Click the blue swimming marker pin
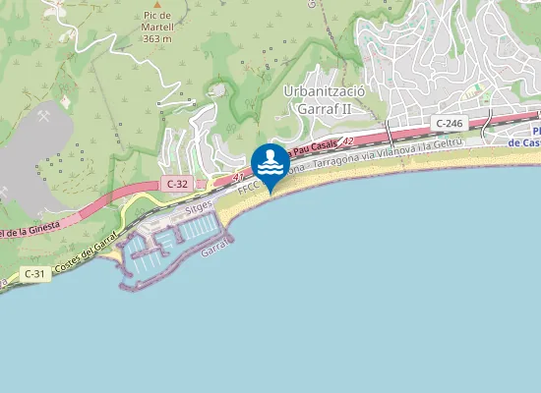pos(270,161)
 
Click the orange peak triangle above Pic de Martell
pos(157,3)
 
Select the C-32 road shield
pos(177,184)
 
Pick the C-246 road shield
pos(448,123)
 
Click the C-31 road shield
pos(34,273)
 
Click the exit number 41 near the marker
pos(238,178)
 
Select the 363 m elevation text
pos(156,38)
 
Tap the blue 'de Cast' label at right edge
pos(525,142)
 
